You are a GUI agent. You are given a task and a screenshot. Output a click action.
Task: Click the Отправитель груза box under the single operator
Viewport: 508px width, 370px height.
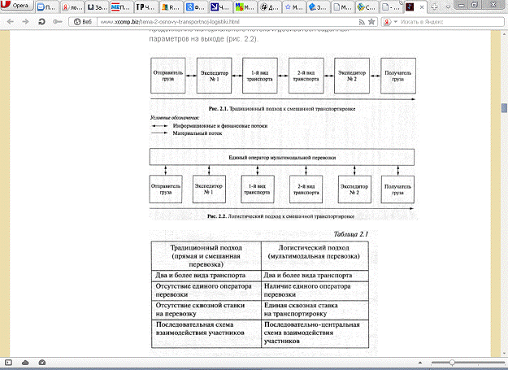[x=167, y=191]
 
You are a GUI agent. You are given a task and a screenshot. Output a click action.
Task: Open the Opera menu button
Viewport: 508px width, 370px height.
[x=18, y=6]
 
